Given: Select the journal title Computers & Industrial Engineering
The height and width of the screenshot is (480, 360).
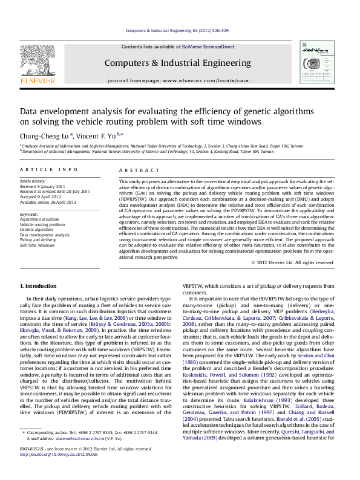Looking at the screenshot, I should tap(178, 63).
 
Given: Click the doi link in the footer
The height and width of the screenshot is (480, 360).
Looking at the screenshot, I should tap(61, 470).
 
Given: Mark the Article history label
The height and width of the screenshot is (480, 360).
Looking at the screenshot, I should tap(33, 181).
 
